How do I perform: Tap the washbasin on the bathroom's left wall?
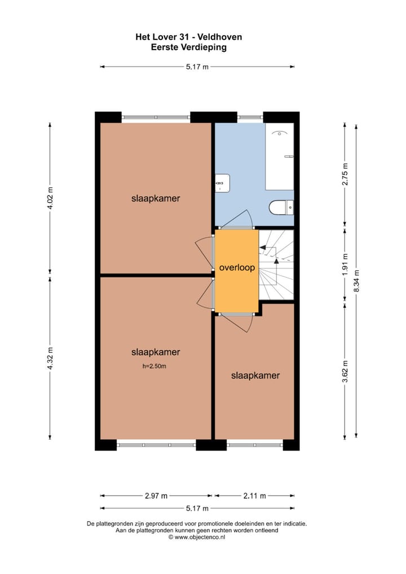220,183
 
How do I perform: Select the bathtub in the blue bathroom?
280,156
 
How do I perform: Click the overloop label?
237,268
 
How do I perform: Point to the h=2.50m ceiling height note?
155,366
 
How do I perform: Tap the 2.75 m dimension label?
346,174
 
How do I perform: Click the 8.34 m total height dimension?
356,280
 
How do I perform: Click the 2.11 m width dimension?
254,496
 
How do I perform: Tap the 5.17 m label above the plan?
197,67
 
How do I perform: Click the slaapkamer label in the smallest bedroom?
255,375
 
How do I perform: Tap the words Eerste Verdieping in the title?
188,47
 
